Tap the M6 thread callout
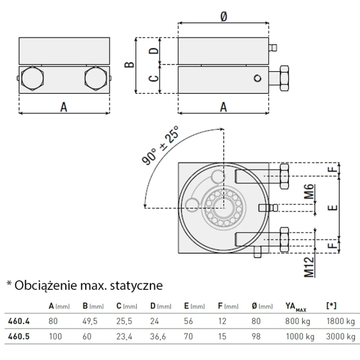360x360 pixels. point(310,194)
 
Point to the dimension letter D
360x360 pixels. point(153,51)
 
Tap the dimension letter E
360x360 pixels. point(334,207)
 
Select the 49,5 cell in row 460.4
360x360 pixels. point(91,322)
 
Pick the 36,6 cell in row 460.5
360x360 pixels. point(159,337)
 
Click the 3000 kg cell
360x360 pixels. point(340,337)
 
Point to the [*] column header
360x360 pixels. point(331,306)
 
